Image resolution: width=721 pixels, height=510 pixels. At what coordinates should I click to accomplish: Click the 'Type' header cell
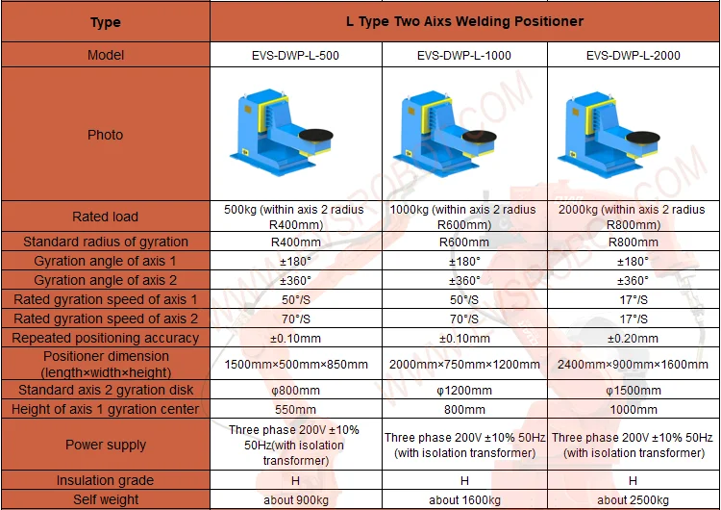pyautogui.click(x=105, y=21)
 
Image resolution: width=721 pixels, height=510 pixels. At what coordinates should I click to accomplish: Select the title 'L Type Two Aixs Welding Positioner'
pyautogui.click(x=464, y=21)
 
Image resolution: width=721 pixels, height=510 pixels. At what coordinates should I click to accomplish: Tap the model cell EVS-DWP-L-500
pyautogui.click(x=296, y=55)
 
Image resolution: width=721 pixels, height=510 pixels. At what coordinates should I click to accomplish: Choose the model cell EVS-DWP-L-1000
pyautogui.click(x=464, y=55)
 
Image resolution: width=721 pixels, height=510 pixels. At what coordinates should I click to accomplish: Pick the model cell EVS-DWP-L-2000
pyautogui.click(x=633, y=55)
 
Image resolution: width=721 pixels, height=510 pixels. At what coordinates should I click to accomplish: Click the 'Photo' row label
pyautogui.click(x=105, y=135)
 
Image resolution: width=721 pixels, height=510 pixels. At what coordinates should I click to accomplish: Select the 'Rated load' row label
pyautogui.click(x=105, y=217)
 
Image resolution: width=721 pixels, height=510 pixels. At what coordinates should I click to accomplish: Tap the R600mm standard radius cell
pyautogui.click(x=464, y=242)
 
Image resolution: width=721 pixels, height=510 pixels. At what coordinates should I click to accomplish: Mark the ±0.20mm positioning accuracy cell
pyautogui.click(x=633, y=338)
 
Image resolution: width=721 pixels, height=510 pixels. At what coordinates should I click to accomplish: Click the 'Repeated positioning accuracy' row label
pyautogui.click(x=105, y=338)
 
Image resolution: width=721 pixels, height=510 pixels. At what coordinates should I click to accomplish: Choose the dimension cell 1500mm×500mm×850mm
pyautogui.click(x=296, y=364)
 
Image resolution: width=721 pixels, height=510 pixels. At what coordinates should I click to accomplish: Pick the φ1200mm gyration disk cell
pyautogui.click(x=464, y=390)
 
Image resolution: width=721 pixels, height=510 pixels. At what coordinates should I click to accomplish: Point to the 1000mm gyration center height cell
pyautogui.click(x=633, y=409)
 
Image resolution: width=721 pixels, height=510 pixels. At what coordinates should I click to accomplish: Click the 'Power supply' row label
pyautogui.click(x=105, y=445)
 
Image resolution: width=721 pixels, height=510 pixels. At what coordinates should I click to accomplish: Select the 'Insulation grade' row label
pyautogui.click(x=105, y=480)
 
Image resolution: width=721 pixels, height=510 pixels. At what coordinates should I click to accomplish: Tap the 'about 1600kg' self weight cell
pyautogui.click(x=464, y=499)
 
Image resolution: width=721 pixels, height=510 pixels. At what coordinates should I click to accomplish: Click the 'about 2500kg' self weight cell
pyautogui.click(x=633, y=499)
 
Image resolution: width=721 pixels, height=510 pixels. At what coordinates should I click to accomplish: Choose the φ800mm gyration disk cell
pyautogui.click(x=296, y=390)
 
